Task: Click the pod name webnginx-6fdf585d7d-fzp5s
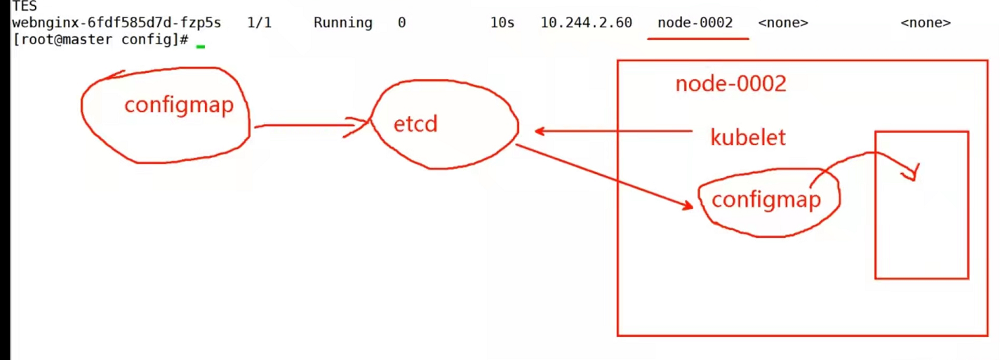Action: coord(116,22)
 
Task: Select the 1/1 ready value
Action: coord(259,22)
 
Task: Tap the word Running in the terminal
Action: coord(342,22)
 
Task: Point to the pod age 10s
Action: coord(502,22)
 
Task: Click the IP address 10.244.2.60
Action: coord(586,22)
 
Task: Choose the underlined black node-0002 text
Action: coord(695,22)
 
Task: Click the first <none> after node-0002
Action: coord(783,22)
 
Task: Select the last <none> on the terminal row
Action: coord(926,22)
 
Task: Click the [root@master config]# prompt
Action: coord(101,40)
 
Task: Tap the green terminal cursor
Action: coord(201,46)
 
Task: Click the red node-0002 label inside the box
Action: coord(730,84)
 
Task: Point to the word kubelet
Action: coord(748,138)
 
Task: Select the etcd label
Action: coord(415,124)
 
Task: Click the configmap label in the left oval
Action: coord(178,105)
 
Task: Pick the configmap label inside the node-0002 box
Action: coord(766,199)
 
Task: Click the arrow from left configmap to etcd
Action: coord(309,126)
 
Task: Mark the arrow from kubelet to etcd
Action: coord(610,131)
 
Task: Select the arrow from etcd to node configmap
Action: coord(603,175)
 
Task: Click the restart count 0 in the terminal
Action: coord(401,22)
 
